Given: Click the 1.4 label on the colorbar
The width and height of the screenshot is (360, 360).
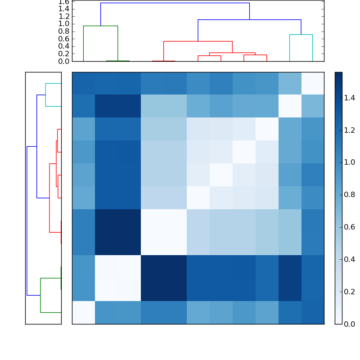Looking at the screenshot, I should point(350,98).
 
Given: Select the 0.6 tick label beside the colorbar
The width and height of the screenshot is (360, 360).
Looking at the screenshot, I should point(350,227).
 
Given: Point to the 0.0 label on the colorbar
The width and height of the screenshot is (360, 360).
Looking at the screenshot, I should point(350,324).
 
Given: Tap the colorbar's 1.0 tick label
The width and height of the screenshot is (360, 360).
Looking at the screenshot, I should point(350,162).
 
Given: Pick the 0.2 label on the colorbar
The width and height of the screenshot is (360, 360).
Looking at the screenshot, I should point(350,291).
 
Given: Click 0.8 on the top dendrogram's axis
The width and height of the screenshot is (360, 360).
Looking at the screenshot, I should point(64,31).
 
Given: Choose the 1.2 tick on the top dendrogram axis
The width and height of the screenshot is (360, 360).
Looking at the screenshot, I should point(64,16).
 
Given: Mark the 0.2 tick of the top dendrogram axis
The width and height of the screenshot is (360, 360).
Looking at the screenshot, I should point(64,54).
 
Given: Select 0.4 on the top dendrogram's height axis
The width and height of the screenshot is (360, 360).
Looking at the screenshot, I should point(64,46).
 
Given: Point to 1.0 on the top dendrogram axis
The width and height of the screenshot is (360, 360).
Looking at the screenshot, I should point(64,23).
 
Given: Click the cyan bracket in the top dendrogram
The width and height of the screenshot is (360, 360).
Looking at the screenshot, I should point(301,35).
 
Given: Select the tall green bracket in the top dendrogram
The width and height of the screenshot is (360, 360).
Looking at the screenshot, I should point(100,26).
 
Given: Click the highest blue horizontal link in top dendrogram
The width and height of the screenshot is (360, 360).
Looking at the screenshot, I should point(175,3).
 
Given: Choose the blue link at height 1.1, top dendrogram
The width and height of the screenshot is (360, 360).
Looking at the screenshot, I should point(249,20).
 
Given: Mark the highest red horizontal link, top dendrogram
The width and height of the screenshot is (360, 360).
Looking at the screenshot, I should point(198,41).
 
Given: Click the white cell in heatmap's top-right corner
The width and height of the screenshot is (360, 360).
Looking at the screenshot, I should point(312,83).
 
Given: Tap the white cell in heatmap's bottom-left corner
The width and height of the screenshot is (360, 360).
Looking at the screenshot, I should point(83,312).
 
